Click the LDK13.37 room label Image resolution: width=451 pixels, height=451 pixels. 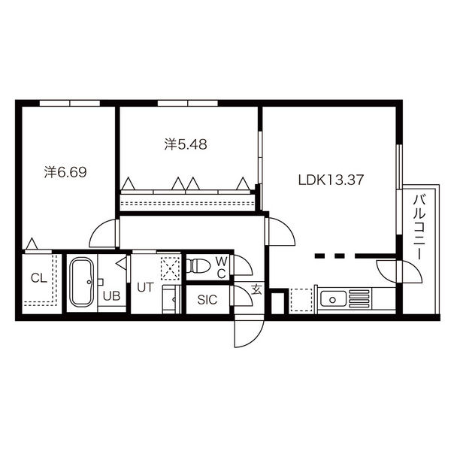click(x=331, y=180)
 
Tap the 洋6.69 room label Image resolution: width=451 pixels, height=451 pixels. click(x=65, y=172)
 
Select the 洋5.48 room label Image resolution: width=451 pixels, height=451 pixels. click(x=186, y=144)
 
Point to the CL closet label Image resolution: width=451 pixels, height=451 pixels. click(x=39, y=278)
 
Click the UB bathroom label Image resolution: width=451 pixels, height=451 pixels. click(x=111, y=296)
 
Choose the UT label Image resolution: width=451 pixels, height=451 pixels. click(x=146, y=287)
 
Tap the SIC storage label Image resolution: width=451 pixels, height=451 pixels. click(x=207, y=300)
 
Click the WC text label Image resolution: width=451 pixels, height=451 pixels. click(x=222, y=268)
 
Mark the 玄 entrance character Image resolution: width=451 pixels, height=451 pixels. click(x=256, y=289)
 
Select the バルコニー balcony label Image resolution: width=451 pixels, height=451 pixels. click(x=419, y=227)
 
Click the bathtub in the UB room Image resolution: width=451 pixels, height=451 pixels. click(x=82, y=283)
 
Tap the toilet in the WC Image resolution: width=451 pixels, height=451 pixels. click(x=198, y=265)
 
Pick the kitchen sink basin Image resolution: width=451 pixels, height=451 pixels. click(x=333, y=299)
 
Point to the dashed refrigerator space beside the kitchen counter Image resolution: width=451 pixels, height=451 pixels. click(x=301, y=300)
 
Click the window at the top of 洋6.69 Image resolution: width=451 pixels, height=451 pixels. click(x=70, y=103)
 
